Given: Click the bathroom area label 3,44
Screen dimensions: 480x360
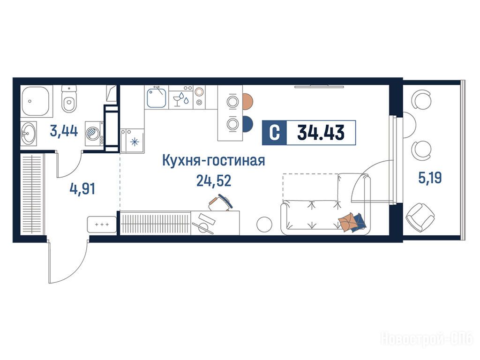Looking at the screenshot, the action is click(64, 132).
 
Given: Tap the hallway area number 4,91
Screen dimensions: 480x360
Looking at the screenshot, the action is click(82, 188).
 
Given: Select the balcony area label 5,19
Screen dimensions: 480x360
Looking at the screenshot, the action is click(430, 178).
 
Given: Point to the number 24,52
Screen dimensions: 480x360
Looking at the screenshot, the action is click(214, 181).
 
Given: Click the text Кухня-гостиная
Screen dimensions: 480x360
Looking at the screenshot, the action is click(213, 161).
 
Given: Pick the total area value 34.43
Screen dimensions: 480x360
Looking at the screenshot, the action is click(321, 133).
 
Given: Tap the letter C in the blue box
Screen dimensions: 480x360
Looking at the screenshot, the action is click(275, 133).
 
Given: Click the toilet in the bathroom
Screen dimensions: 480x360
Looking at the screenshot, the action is click(69, 99).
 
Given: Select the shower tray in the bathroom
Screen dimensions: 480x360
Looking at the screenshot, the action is click(35, 101).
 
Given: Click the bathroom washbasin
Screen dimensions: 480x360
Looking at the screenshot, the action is click(28, 134).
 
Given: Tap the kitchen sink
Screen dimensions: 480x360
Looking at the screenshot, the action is click(157, 97).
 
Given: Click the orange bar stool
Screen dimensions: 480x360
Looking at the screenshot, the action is click(247, 101).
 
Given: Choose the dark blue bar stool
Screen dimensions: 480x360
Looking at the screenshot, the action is click(247, 124).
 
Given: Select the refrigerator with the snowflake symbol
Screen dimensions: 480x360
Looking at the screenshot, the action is click(132, 141).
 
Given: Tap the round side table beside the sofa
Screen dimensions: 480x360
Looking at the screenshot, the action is click(264, 224).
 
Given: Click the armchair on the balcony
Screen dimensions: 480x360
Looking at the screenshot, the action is click(420, 218).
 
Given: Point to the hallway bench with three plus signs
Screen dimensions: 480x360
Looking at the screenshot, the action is click(102, 225).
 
